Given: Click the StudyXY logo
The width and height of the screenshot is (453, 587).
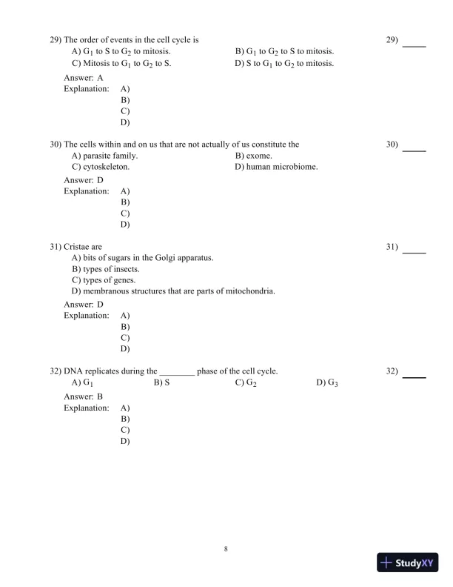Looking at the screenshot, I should point(409,563).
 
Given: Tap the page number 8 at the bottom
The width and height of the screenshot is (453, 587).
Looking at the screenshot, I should point(226,549).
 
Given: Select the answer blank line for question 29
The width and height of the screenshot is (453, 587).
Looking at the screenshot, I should point(414,46).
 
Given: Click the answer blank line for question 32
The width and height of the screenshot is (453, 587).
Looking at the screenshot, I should point(414,377).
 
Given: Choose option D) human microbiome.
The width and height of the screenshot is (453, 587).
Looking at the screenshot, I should point(276,167).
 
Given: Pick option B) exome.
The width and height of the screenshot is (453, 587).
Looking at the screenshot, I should point(254,156).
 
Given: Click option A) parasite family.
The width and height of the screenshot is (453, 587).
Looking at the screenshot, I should point(104,156).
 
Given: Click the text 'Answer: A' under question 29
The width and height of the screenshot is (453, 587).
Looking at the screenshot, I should point(84,77).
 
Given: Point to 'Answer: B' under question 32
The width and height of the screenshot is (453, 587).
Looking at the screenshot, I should point(84,397).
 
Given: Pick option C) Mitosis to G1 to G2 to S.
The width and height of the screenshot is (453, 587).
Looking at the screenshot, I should point(121,64).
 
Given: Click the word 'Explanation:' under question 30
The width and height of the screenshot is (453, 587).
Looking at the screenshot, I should point(87,190).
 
